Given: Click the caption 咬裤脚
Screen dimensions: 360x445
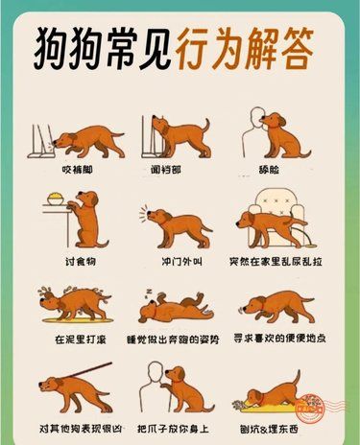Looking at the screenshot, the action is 77,170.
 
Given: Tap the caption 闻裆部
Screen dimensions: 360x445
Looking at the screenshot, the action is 166,170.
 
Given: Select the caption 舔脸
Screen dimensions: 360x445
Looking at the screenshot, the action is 269,170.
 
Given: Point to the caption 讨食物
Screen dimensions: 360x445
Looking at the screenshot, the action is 81,262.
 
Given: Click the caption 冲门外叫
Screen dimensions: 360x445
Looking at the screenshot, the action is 181,262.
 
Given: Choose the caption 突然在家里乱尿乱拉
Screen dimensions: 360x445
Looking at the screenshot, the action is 276,262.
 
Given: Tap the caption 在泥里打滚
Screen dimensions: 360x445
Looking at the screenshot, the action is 81,339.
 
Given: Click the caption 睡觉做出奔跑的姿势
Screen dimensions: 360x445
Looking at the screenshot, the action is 173,340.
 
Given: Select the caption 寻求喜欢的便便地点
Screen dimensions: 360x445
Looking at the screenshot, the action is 279,339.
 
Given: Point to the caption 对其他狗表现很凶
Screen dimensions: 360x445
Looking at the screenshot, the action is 81,429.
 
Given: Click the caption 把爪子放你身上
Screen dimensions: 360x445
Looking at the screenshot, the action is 173,429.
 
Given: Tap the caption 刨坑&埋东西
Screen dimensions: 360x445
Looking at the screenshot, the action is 269,429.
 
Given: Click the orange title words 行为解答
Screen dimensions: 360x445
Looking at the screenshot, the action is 244,48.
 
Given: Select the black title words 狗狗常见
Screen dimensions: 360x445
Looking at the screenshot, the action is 103,48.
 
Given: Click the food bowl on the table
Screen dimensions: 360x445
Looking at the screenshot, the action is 56,199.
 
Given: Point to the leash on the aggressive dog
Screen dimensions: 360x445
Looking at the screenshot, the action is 85,371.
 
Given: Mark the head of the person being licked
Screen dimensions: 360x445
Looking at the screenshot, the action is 257,118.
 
